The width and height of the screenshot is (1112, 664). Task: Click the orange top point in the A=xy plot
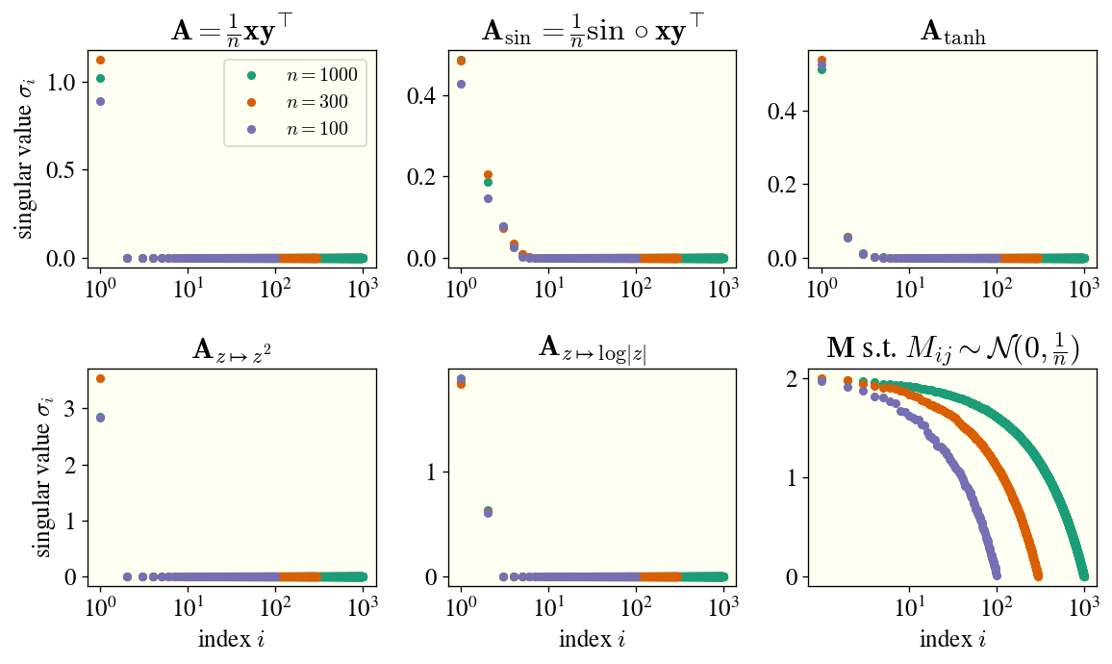click(x=100, y=60)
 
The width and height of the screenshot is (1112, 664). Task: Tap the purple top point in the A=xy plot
click(x=100, y=101)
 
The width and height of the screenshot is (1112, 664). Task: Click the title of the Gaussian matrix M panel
click(x=952, y=348)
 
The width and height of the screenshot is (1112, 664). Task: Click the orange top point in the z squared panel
click(x=100, y=379)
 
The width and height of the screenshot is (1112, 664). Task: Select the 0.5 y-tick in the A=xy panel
click(x=66, y=170)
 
